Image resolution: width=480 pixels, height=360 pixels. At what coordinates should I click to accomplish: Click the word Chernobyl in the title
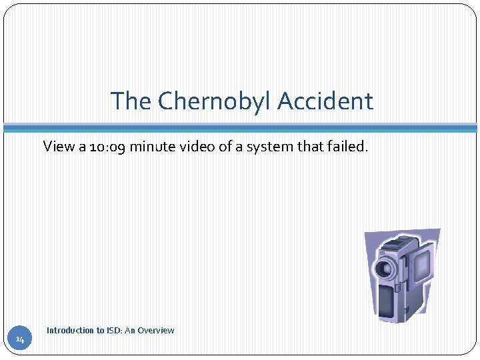[216, 101]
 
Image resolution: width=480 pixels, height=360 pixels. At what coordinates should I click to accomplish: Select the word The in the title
[131, 101]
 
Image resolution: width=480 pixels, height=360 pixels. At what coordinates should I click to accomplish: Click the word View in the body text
[59, 146]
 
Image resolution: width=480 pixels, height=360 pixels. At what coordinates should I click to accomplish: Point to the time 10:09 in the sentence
[107, 146]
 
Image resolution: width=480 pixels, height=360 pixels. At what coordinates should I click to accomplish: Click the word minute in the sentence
[151, 146]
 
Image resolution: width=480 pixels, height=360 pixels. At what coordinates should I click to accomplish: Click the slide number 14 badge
[20, 340]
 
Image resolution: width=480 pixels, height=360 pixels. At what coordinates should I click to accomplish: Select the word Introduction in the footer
[70, 331]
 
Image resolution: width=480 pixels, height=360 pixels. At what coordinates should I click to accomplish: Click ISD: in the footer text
[114, 331]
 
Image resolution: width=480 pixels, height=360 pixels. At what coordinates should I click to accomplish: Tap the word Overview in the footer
[157, 331]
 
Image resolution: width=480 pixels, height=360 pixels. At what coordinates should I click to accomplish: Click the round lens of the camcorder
[385, 268]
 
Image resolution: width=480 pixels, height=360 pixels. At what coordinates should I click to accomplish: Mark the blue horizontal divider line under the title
[240, 127]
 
